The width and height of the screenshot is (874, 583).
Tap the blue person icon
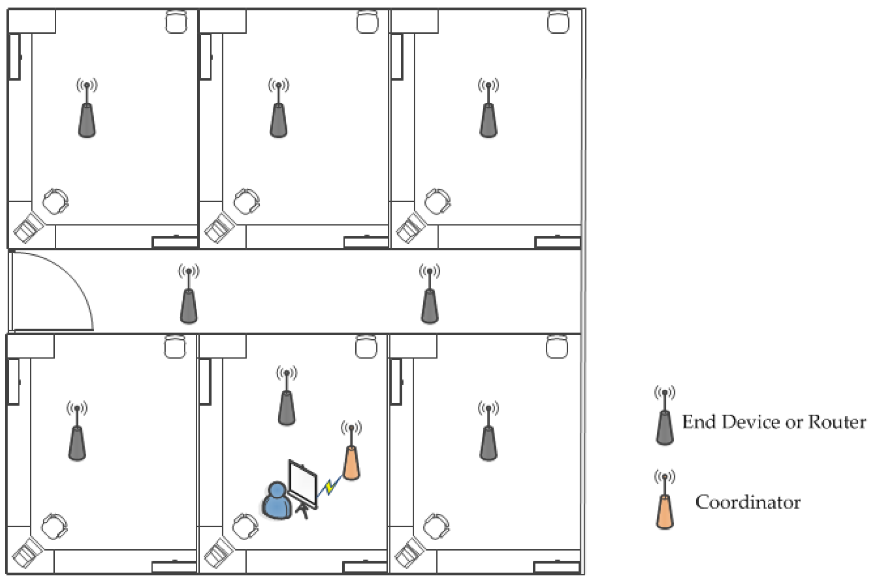click(276, 501)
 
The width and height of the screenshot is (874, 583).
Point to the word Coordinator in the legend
click(748, 502)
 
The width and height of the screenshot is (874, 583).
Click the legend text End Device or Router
click(774, 421)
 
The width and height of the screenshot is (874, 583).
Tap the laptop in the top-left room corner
click(29, 227)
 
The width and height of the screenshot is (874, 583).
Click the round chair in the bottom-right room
click(437, 526)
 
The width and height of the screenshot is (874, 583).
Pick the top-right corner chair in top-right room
click(558, 21)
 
